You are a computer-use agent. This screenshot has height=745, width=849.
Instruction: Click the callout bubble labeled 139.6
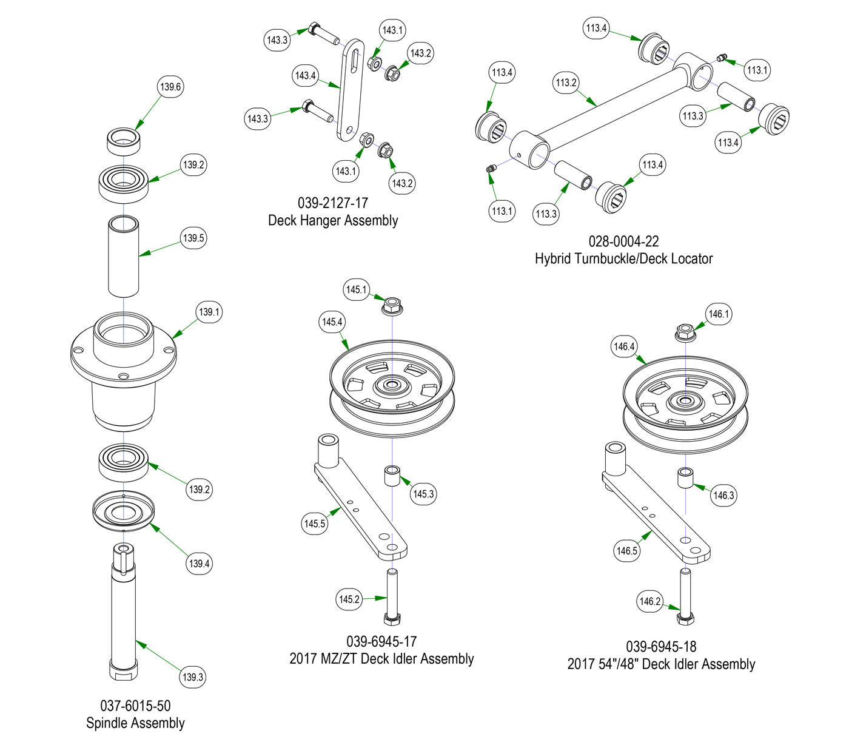pyautogui.click(x=170, y=87)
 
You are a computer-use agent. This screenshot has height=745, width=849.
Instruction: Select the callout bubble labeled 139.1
pyautogui.click(x=209, y=312)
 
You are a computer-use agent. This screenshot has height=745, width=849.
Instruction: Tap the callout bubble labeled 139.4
pyautogui.click(x=199, y=564)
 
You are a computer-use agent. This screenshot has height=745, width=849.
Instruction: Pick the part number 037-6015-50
pyautogui.click(x=135, y=706)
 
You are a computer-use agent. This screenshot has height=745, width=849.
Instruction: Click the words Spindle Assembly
pyautogui.click(x=135, y=723)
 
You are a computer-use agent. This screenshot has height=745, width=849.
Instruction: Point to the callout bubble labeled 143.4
pyautogui.click(x=306, y=76)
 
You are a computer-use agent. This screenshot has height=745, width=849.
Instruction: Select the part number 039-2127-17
pyautogui.click(x=333, y=203)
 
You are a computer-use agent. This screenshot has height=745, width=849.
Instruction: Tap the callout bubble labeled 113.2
pyautogui.click(x=566, y=83)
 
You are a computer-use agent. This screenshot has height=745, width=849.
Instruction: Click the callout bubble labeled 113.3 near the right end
pyautogui.click(x=693, y=116)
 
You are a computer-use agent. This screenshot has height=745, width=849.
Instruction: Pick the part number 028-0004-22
pyautogui.click(x=623, y=241)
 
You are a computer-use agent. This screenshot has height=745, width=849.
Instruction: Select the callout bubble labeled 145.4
pyautogui.click(x=332, y=322)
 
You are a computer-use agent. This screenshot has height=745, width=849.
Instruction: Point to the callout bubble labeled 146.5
pyautogui.click(x=626, y=551)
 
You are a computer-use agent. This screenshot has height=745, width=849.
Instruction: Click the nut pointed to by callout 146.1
pyautogui.click(x=685, y=332)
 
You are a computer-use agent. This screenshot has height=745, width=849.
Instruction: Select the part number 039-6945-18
pyautogui.click(x=661, y=647)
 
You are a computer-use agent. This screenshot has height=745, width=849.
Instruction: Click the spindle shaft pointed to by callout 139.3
pyautogui.click(x=123, y=613)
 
